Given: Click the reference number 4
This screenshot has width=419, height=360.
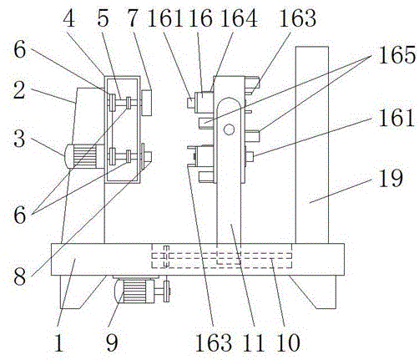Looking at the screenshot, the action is point(69,19).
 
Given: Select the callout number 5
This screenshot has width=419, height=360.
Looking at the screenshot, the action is point(103,19).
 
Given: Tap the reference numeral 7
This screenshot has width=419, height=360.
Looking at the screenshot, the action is point(133,19).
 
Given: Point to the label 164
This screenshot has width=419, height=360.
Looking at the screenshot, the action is point(239,18).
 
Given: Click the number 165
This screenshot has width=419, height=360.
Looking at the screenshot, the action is point(397,55).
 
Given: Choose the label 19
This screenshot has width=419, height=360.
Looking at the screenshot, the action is point(391,178).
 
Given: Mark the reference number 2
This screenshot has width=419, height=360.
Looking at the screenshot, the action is point(19,90).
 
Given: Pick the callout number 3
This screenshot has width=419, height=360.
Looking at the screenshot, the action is point(19,139).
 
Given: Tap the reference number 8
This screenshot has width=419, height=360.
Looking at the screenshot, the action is point(19,276).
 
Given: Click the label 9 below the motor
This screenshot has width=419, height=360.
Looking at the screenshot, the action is point(112,342).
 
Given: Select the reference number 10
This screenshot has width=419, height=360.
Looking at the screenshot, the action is point(289,342).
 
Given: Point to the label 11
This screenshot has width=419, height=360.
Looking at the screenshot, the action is point(254,342).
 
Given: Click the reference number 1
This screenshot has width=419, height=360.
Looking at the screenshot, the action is point(58,342).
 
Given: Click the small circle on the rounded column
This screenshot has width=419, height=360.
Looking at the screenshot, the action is point(229,129).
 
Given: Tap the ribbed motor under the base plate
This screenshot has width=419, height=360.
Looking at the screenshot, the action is point(134,292).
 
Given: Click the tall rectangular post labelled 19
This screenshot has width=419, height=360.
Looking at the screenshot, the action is point(312,145).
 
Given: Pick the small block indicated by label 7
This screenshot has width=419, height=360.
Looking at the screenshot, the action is point(146,103).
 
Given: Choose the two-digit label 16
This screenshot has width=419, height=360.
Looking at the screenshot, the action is point(200,18).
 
